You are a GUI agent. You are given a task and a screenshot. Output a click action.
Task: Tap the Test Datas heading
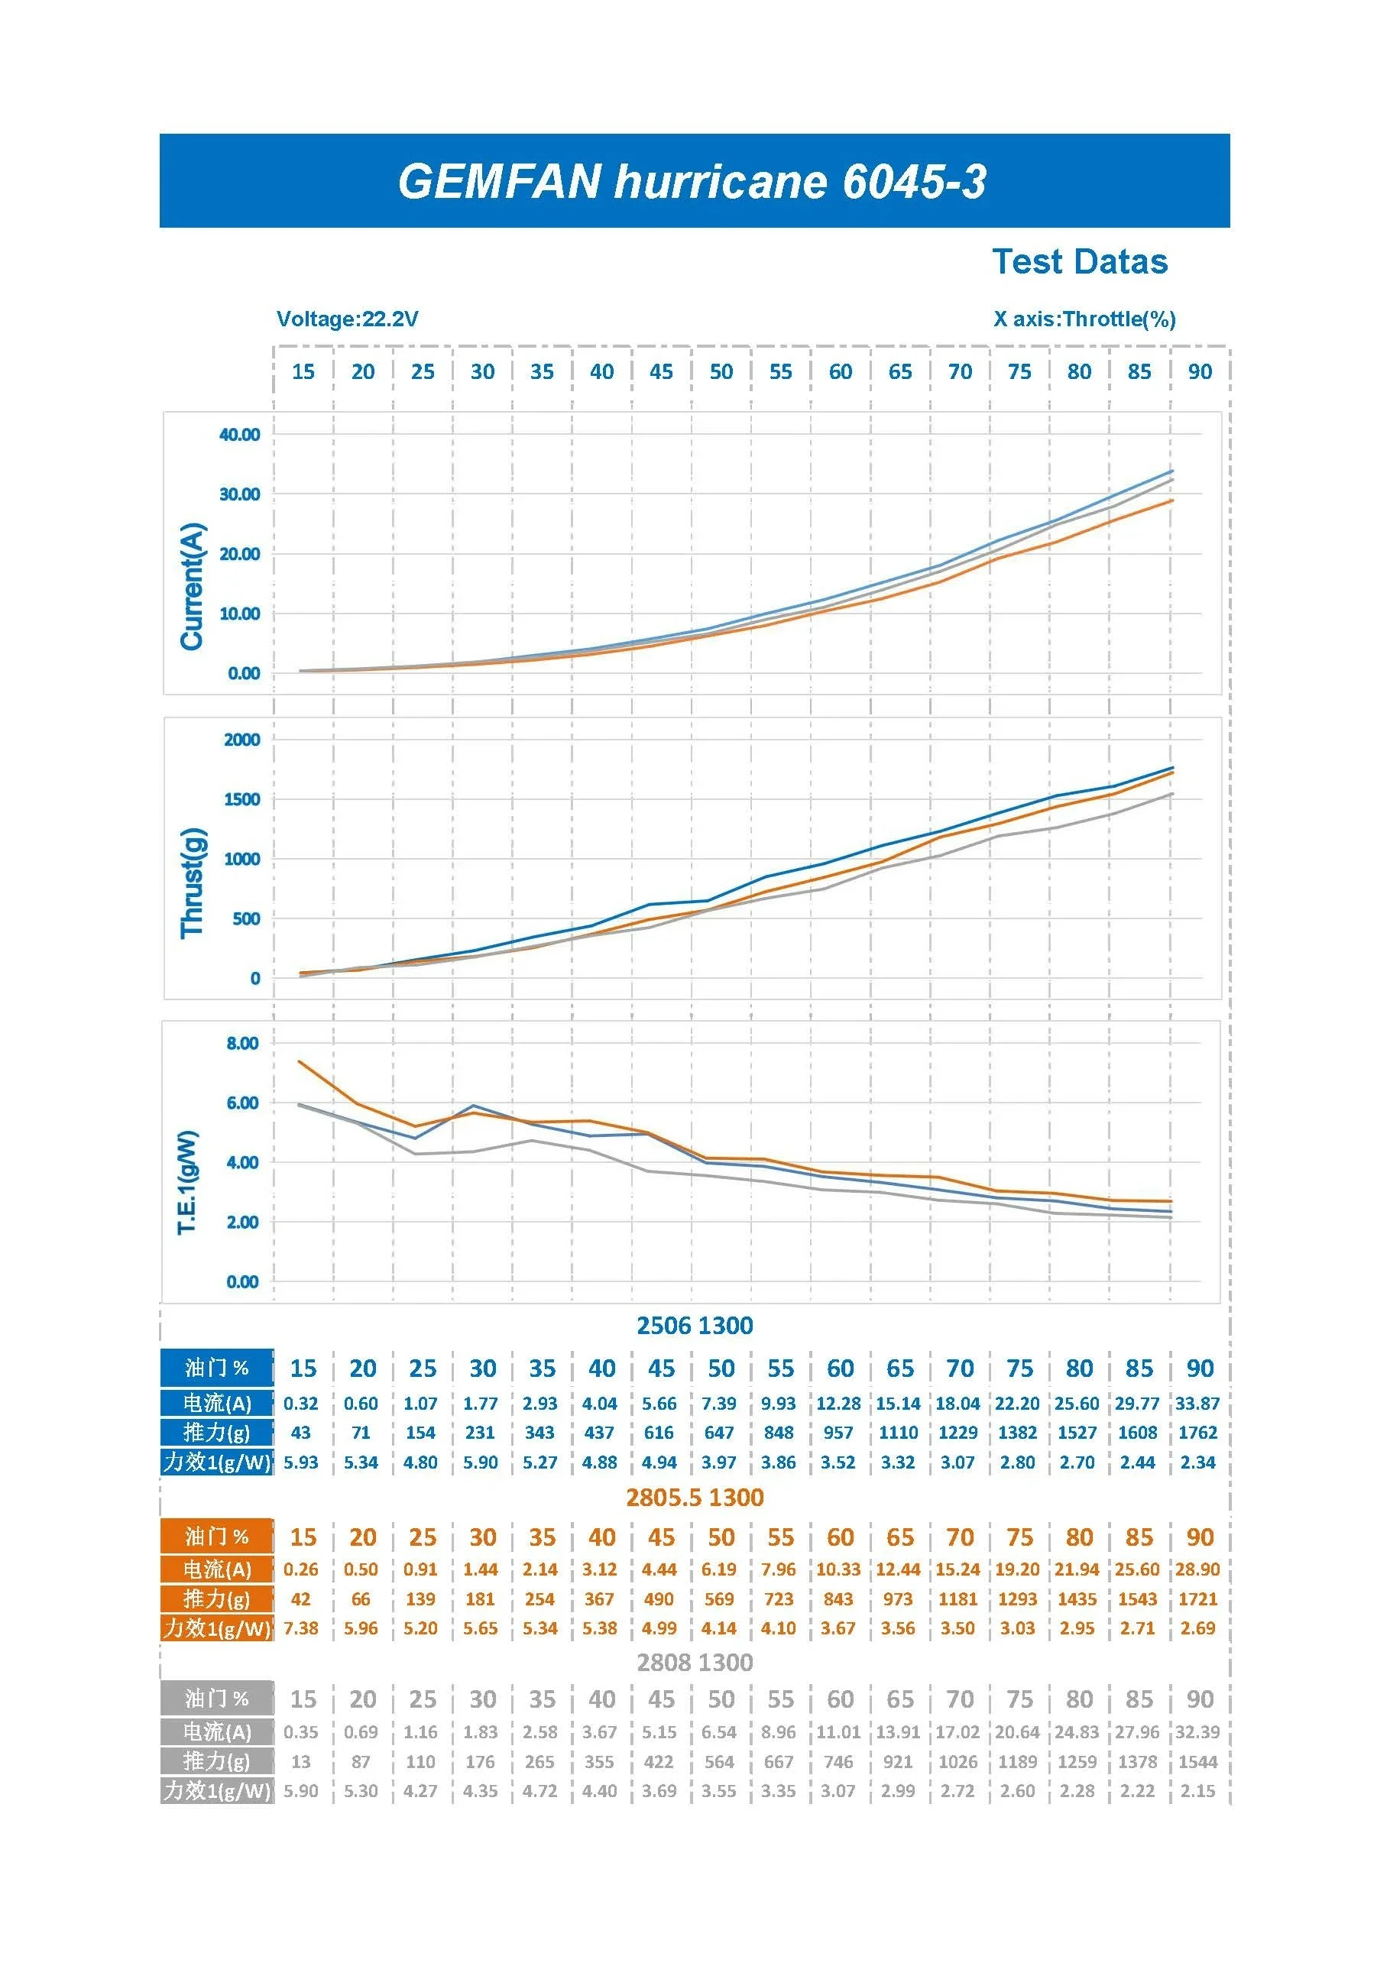click(x=1079, y=262)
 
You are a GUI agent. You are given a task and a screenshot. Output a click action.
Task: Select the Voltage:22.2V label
click(x=347, y=319)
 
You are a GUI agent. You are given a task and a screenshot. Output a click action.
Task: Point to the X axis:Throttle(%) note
click(x=1084, y=319)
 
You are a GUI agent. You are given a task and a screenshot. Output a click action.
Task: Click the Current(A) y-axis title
click(x=192, y=586)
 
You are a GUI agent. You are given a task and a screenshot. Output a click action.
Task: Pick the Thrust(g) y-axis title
click(x=192, y=883)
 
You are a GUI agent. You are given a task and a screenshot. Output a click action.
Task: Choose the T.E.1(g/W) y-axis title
click(x=187, y=1183)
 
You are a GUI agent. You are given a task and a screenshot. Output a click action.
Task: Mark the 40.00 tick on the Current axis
click(x=239, y=435)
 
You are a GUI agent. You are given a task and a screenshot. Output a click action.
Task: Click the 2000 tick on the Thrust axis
click(x=241, y=740)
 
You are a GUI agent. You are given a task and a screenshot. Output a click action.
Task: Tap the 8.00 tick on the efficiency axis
click(x=242, y=1043)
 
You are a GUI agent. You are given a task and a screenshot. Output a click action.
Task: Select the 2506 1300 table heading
click(x=695, y=1326)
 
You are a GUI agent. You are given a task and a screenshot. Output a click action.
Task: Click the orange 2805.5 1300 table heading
click(x=695, y=1497)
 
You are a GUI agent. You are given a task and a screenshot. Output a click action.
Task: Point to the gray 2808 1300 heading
click(x=695, y=1662)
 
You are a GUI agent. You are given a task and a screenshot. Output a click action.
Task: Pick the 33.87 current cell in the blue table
click(x=1197, y=1404)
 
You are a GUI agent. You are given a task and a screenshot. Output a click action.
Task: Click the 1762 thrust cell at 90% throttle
click(x=1197, y=1433)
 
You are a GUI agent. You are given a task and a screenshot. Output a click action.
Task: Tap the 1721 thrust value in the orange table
click(x=1197, y=1598)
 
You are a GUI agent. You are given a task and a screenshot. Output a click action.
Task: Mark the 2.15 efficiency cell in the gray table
click(x=1197, y=1790)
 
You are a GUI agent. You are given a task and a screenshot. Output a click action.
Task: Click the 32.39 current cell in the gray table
click(x=1197, y=1731)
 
